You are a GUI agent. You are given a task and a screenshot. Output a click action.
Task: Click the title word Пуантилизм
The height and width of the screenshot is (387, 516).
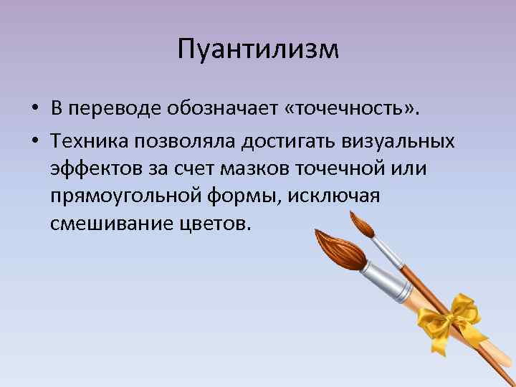(258, 50)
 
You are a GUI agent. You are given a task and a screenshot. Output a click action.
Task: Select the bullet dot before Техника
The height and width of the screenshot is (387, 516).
(34, 141)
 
